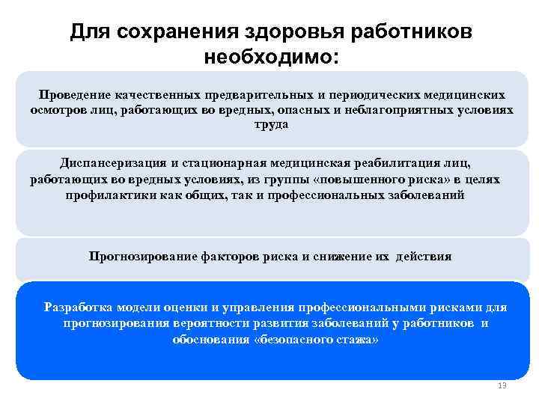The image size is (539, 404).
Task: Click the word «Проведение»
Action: click(x=73, y=95)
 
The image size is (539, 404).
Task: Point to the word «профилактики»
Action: click(x=106, y=195)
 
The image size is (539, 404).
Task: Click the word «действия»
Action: click(x=424, y=256)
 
